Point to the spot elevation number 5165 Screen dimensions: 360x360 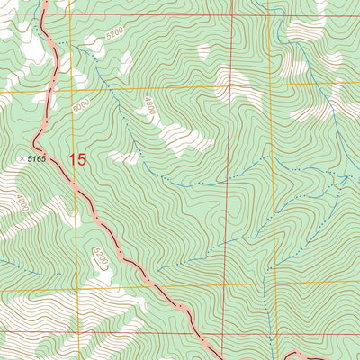coord(36,158)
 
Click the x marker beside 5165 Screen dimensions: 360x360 coord(22,158)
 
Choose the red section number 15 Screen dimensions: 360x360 coord(78,160)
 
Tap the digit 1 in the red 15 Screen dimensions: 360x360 coord(73,160)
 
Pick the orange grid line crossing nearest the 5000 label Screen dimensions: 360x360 coord(76,90)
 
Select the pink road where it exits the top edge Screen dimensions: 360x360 coord(45,3)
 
